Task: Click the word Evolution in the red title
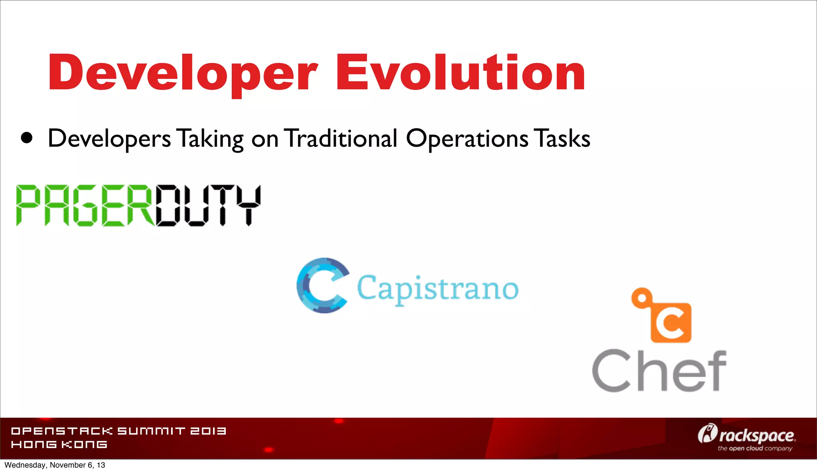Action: click(460, 73)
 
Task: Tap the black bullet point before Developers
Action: click(27, 138)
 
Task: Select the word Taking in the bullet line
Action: click(210, 139)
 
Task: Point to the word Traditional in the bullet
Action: click(341, 138)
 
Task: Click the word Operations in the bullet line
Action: click(467, 139)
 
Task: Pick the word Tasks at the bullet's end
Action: click(562, 138)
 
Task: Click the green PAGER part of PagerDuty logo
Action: click(85, 205)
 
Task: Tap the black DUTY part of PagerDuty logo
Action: click(208, 205)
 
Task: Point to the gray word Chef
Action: click(659, 371)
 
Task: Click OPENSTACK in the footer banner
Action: click(62, 431)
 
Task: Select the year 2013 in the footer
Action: click(208, 431)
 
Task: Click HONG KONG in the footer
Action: click(59, 444)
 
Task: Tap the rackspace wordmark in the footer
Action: click(756, 435)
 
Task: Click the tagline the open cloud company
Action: click(755, 448)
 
